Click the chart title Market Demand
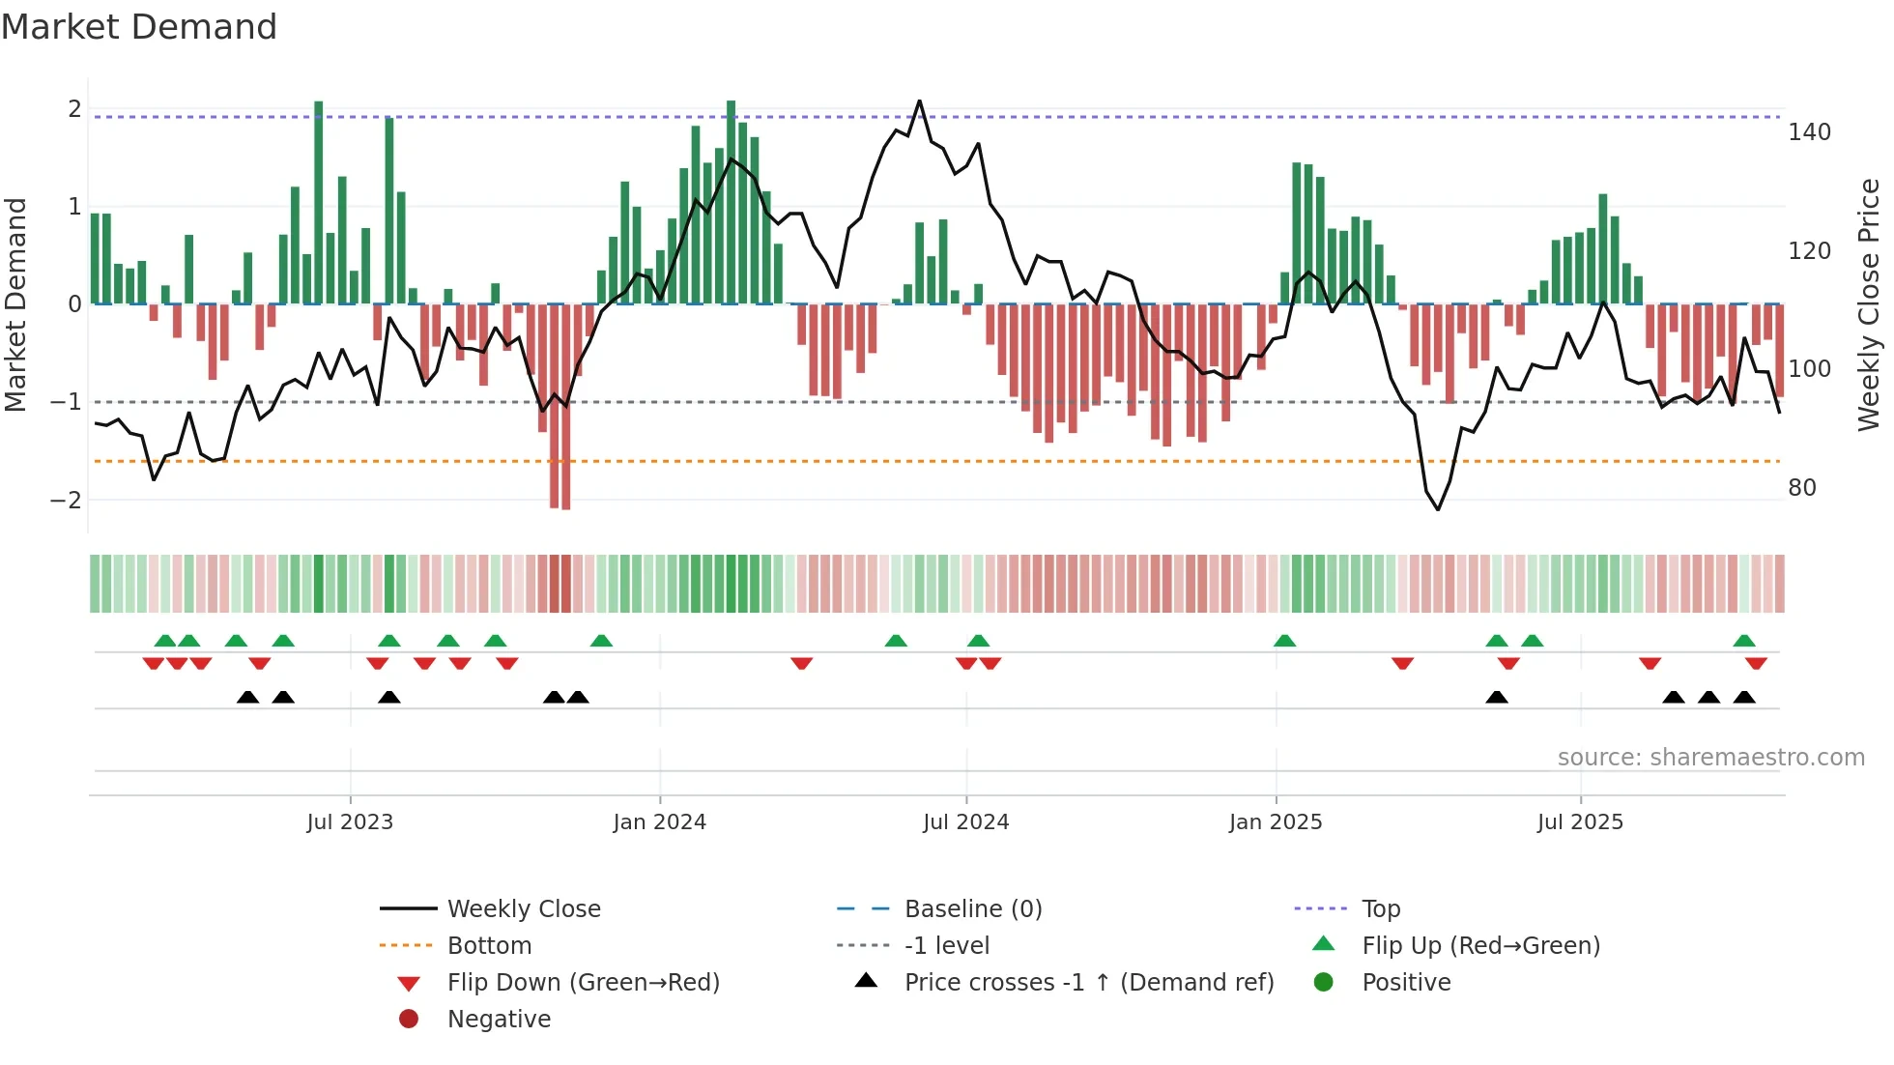point(139,27)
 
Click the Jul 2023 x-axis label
point(350,822)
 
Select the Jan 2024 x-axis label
point(659,822)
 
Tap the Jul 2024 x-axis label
point(965,822)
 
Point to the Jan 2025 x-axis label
point(1276,822)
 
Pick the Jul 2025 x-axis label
point(1580,822)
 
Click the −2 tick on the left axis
point(66,501)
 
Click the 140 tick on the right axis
point(1809,132)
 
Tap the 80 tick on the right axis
point(1801,488)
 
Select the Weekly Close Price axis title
point(1869,304)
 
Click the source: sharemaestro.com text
point(1710,758)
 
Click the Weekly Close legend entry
point(523,909)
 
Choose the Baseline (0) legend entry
point(972,909)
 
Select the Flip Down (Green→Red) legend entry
point(583,983)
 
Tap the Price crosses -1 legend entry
point(1088,983)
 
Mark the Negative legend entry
point(499,1020)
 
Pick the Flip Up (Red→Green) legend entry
point(1480,946)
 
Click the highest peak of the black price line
point(919,101)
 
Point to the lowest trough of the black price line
point(1438,509)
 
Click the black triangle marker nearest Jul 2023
point(388,697)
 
